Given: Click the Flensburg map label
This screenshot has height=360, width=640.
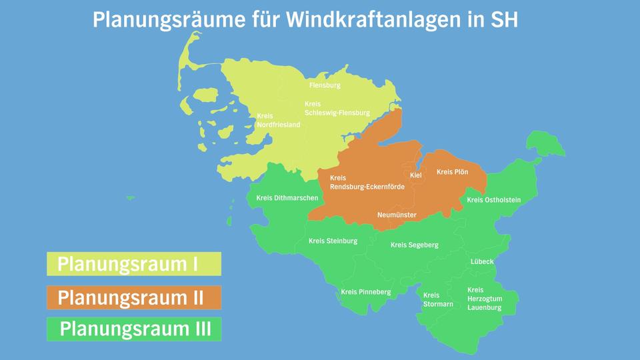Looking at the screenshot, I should tap(325, 85).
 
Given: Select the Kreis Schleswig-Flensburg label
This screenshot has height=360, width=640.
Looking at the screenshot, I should tap(337, 109).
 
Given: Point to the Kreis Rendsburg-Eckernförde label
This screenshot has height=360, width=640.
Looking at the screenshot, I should tap(367, 183).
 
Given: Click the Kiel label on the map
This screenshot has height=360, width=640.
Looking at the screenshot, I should tap(416, 175).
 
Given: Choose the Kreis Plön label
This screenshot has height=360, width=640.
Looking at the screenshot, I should tap(452, 172).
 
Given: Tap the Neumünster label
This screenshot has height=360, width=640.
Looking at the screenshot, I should tap(397, 215).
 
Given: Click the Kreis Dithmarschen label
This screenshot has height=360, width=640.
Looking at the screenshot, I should tap(287, 198).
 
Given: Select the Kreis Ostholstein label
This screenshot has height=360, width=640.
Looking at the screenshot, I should tap(493, 200).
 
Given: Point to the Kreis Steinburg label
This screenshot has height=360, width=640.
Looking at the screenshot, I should tap(333, 241).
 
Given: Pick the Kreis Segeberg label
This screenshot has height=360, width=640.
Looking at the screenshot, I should tap(414, 245).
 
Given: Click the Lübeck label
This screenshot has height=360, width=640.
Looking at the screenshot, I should tap(482, 262).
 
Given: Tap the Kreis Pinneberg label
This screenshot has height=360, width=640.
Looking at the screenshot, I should tap(365, 292).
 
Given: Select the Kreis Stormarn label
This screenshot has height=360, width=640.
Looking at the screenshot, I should tap(438, 299).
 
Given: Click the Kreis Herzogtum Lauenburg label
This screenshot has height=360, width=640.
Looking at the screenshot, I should tap(485, 299).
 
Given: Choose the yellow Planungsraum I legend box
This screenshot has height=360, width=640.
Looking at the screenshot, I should tap(133, 264).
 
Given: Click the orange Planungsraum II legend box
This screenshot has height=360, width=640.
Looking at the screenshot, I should tap(133, 297).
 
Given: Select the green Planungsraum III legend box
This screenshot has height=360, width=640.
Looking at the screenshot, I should tap(133, 329).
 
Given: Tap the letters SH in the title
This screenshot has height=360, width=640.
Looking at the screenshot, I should tap(504, 19).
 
